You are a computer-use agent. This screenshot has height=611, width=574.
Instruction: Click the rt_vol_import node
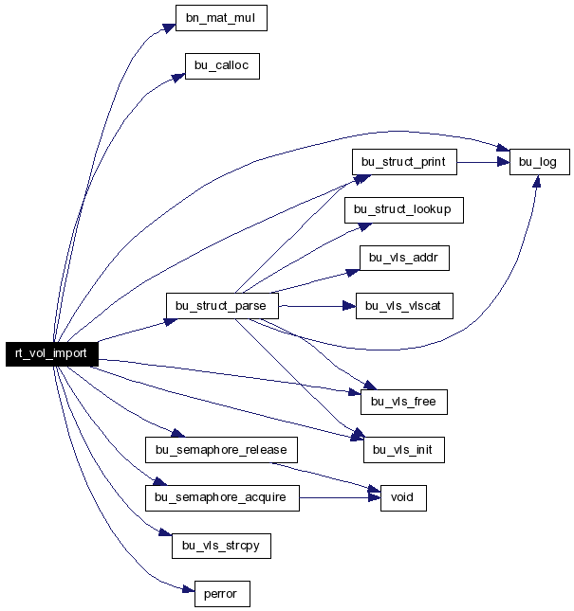click(x=52, y=354)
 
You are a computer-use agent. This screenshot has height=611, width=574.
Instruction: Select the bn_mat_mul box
click(x=221, y=18)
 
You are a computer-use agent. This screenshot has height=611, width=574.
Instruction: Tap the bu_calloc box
click(x=222, y=66)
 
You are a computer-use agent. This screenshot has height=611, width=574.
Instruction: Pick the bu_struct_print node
click(x=404, y=162)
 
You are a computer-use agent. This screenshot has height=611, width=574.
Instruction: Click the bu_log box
click(x=539, y=162)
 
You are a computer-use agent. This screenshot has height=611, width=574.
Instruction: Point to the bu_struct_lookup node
click(x=404, y=210)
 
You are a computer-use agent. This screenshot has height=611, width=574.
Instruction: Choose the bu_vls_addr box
click(x=404, y=258)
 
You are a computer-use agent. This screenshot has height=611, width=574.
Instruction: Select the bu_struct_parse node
click(x=222, y=306)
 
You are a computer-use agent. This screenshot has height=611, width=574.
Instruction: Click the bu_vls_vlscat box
click(x=404, y=306)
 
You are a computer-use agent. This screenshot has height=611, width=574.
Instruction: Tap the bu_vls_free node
click(x=404, y=402)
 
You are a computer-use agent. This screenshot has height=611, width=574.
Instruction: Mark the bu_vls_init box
click(x=404, y=450)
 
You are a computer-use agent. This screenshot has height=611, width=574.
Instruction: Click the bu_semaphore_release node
click(x=221, y=450)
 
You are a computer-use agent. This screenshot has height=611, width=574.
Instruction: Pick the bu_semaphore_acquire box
click(x=222, y=498)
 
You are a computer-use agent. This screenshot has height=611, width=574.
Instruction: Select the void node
click(x=403, y=498)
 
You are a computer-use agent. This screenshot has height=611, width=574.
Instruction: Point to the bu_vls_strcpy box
click(x=221, y=546)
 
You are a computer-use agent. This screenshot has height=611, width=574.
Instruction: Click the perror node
click(x=222, y=594)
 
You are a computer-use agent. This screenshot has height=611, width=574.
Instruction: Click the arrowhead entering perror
click(x=189, y=589)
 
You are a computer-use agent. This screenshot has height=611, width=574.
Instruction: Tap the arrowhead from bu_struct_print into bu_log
click(x=504, y=162)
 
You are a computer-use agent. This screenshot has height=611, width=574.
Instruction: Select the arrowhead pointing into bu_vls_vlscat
click(x=349, y=306)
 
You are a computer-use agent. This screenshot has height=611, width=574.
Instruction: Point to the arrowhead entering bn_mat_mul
click(x=169, y=27)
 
